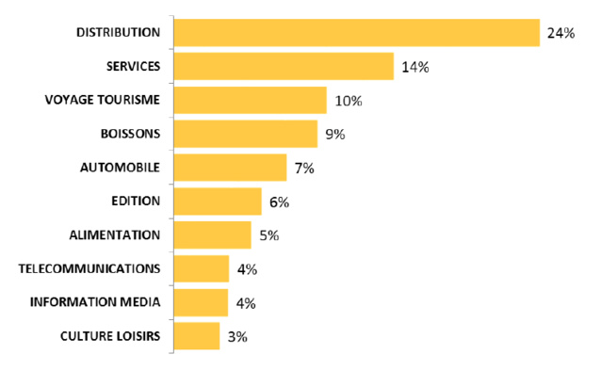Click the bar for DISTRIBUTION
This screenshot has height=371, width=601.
[x=356, y=33]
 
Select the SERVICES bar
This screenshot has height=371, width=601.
[x=284, y=67]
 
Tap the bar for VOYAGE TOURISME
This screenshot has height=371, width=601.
[x=251, y=101]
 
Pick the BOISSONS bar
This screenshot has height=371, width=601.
[x=246, y=134]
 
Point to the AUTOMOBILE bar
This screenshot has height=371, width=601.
[x=231, y=168]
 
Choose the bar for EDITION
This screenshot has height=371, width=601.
[x=218, y=202]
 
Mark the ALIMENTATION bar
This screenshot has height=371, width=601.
[x=213, y=235]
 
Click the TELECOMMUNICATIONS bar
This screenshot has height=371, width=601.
[x=202, y=269]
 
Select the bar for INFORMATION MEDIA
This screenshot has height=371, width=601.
[x=202, y=302]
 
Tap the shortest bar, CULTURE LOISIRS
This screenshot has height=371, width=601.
[x=197, y=336]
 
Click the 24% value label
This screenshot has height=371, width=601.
[x=560, y=33]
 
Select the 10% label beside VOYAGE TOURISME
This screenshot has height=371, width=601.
[x=349, y=101]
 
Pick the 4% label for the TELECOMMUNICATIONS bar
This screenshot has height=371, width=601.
[x=247, y=269]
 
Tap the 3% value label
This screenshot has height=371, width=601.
[x=236, y=336]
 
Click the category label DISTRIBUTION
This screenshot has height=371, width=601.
[x=118, y=32]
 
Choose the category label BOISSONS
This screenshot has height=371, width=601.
[x=130, y=134]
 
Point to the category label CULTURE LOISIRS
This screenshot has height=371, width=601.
[x=110, y=336]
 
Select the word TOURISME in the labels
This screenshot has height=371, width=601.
[x=129, y=100]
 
